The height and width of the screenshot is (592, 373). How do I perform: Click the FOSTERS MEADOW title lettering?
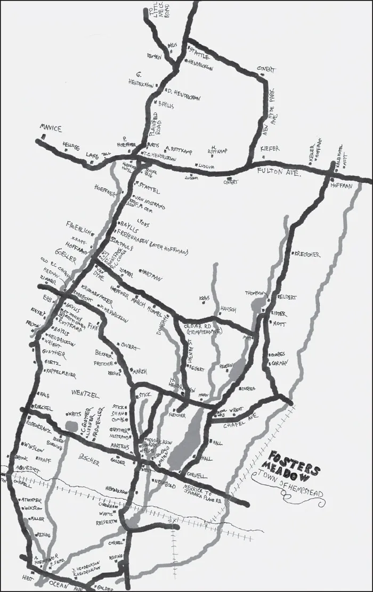[295, 463]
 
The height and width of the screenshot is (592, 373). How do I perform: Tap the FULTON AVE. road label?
[279, 172]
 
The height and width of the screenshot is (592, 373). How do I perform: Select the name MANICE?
[51, 128]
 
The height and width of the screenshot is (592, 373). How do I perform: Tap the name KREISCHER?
[306, 255]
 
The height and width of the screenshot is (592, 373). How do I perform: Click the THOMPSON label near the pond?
[255, 293]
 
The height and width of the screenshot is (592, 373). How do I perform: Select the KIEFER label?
[270, 148]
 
